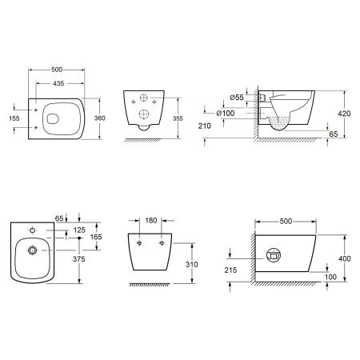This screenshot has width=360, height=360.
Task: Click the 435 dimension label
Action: [x=58, y=83]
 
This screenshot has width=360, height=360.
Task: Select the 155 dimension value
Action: [x=14, y=118]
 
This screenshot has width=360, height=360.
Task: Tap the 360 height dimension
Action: [x=100, y=118]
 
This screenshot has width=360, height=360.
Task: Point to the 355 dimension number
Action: [x=178, y=118]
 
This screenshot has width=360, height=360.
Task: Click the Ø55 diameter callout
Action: [x=237, y=98]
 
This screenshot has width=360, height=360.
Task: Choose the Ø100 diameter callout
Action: [x=226, y=113]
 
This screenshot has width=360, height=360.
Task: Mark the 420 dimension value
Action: [x=344, y=114]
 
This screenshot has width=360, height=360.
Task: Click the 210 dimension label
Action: [x=205, y=126]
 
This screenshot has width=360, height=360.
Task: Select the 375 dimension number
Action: [x=79, y=259]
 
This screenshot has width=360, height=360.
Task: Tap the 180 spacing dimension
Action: [x=151, y=221]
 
